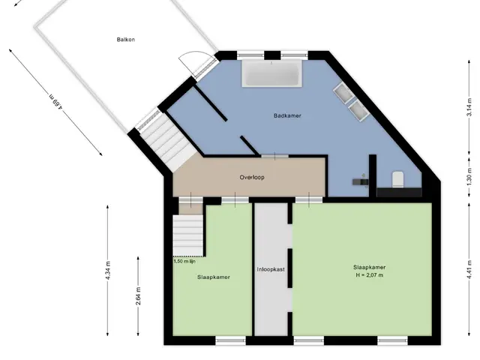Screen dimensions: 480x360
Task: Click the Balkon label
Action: (126, 40)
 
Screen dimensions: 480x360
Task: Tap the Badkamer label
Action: (287, 115)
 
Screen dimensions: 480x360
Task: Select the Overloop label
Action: (252, 177)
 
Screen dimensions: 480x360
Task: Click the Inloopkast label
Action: (271, 269)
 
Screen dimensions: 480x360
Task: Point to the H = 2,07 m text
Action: (369, 275)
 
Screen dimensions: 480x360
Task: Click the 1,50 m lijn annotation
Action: (184, 261)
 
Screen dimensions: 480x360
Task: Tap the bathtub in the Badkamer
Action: (271, 73)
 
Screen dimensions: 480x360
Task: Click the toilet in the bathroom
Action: (398, 179)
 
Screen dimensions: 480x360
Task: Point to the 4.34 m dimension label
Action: (108, 271)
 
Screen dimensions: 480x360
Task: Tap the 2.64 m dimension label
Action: (138, 296)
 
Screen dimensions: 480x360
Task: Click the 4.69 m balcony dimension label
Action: (56, 102)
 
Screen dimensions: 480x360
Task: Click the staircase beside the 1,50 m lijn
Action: (188, 235)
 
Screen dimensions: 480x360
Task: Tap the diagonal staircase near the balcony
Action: (168, 144)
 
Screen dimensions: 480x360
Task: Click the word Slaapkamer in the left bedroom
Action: (213, 277)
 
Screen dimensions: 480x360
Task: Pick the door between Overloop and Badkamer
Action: (274, 156)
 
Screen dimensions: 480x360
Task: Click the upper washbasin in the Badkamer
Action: (344, 92)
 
